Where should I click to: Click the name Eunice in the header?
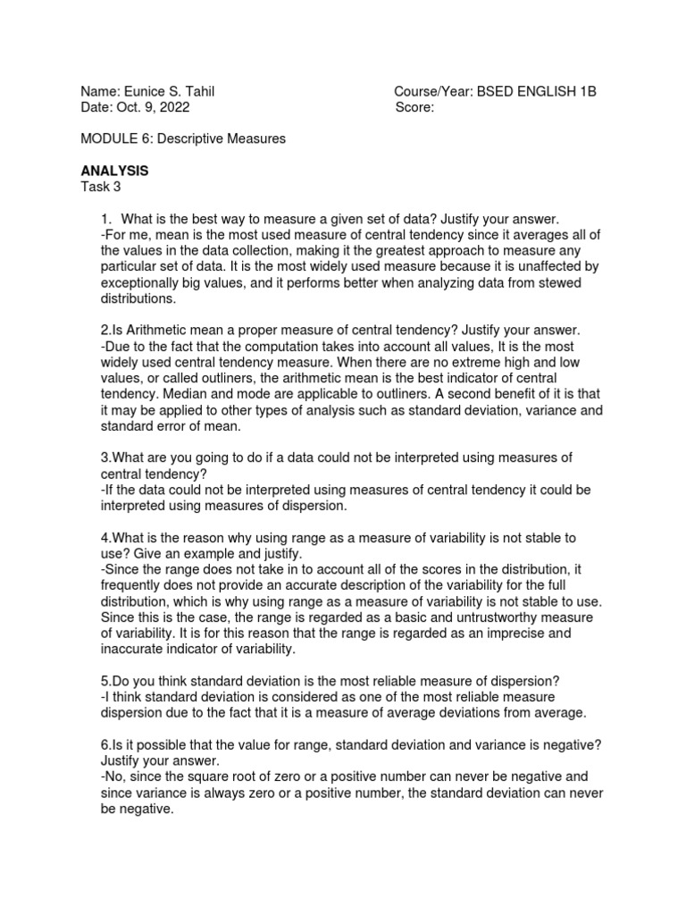click(143, 91)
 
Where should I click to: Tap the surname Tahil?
click(198, 91)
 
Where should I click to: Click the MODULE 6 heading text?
click(112, 139)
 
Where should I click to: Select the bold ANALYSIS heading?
click(114, 170)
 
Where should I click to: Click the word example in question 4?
click(190, 552)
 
